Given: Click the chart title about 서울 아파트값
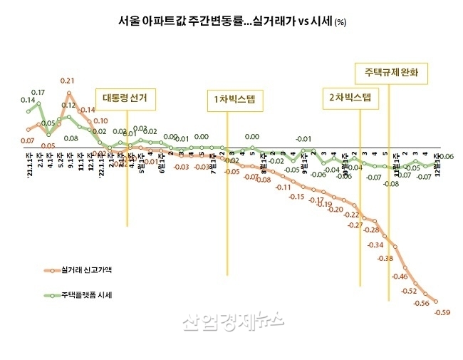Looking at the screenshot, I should [x=231, y=21].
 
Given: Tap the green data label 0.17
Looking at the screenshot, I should [x=38, y=93].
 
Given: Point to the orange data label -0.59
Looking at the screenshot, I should [x=442, y=312].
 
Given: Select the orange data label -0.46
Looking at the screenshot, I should [x=400, y=276].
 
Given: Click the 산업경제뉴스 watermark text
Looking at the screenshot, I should [x=232, y=323].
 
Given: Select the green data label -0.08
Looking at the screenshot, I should [x=390, y=183].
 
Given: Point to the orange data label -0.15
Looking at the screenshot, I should [x=297, y=196].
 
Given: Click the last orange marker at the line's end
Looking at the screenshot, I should [x=436, y=301].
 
